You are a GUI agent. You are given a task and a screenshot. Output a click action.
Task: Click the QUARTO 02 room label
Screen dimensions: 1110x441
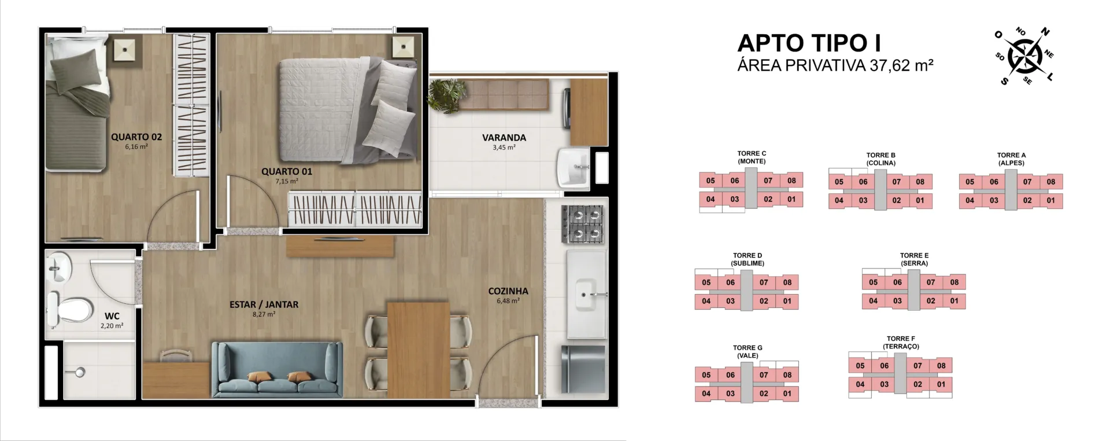[136, 137]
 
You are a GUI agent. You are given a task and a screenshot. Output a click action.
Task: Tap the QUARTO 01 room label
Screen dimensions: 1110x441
[287, 171]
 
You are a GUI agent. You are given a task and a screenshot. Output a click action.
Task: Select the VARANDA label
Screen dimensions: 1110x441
[504, 138]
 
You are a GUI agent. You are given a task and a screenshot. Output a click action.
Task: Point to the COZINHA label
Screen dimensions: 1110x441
[508, 291]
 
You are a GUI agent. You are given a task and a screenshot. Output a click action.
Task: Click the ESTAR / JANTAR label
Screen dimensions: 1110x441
[264, 304]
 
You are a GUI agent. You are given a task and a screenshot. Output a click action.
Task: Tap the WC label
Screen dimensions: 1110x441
[112, 316]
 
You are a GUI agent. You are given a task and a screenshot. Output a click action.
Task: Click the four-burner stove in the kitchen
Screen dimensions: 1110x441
[582, 224]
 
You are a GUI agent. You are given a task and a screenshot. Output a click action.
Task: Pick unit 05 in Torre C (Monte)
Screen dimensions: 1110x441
[711, 181]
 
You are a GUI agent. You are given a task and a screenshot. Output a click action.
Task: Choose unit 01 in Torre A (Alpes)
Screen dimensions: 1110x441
[1051, 201]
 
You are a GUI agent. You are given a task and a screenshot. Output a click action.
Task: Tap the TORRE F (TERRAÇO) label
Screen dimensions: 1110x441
[901, 343]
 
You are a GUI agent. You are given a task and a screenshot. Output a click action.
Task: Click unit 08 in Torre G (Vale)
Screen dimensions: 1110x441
[787, 375]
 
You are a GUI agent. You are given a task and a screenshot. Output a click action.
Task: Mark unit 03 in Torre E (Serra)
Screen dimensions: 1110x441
[897, 301]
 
